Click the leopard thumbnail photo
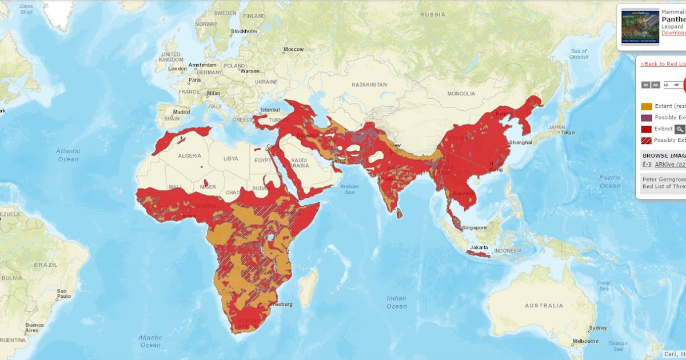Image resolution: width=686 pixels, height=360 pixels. tap(640, 26)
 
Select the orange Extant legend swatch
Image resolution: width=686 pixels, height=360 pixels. tap(647, 106)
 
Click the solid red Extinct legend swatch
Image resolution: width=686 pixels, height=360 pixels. tap(647, 129)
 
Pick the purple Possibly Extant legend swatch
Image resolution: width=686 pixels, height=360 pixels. tap(647, 118)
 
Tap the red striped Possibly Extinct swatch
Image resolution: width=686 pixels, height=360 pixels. tap(647, 141)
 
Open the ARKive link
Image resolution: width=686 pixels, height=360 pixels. tap(669, 165)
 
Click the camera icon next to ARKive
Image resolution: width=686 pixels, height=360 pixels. tap(647, 165)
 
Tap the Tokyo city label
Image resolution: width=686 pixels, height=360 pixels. tap(567, 133)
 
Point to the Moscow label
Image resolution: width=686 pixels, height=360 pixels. tap(293, 49)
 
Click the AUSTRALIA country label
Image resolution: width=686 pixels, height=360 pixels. tap(544, 306)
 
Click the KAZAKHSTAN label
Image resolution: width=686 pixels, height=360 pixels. tap(369, 85)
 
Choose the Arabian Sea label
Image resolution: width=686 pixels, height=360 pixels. tap(350, 189)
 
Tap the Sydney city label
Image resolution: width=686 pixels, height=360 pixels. tap(598, 328)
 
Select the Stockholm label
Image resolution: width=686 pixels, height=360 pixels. tap(244, 31)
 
